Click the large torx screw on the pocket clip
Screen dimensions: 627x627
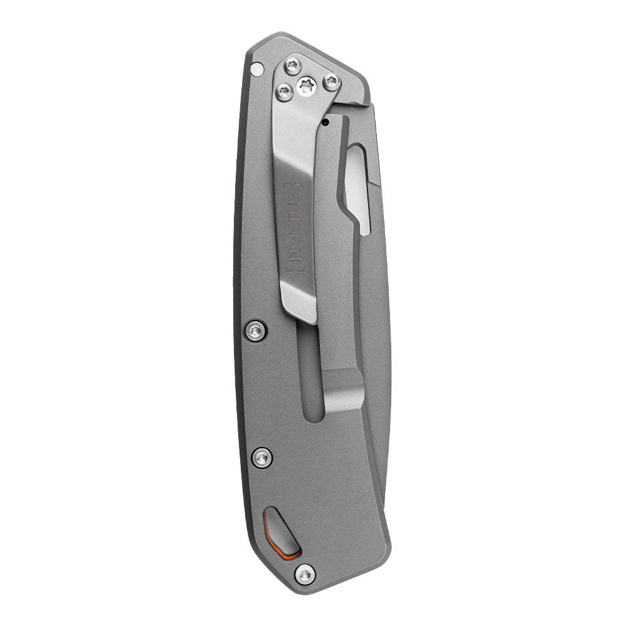tap(307, 85)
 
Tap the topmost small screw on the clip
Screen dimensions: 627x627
tap(293, 66)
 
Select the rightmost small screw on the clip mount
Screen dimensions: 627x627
tap(332, 82)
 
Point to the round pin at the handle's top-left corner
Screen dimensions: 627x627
tap(256, 70)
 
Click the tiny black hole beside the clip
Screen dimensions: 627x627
tap(325, 122)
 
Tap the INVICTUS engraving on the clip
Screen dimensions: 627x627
tap(294, 228)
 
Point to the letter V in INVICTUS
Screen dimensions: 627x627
tap(295, 247)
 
